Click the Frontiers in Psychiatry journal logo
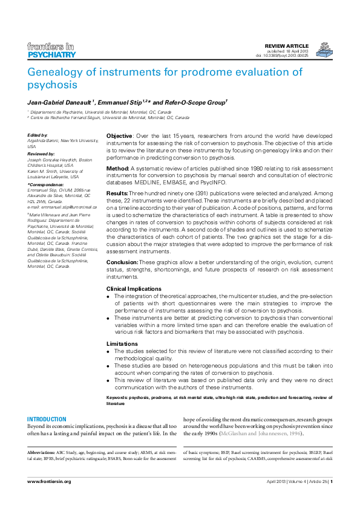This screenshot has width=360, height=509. point(51,51)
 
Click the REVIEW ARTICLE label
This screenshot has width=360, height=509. point(287,46)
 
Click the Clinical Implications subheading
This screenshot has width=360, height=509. point(134,289)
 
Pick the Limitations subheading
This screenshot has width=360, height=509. point(122,343)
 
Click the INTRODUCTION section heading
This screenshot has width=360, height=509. point(47,420)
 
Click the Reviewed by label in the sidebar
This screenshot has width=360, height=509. point(41,154)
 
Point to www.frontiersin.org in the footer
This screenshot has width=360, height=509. point(50,481)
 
